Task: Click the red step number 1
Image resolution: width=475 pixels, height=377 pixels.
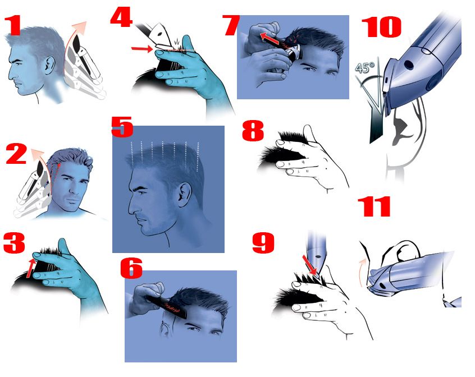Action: pos(13,26)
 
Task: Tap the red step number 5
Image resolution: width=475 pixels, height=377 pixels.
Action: pos(122,127)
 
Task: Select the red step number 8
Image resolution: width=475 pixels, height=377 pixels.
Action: pos(253,131)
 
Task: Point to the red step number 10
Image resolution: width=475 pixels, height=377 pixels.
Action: pos(381,27)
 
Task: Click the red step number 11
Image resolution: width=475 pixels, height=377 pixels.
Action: pos(374,206)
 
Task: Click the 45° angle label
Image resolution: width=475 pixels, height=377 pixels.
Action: pos(365,68)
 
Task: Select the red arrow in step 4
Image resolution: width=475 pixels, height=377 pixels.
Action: pos(143,48)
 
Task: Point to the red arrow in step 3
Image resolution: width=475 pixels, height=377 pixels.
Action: pos(30,268)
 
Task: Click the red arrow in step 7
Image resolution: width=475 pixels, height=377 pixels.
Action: pos(270,38)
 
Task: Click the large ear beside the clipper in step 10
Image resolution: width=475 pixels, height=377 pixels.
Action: pos(406,133)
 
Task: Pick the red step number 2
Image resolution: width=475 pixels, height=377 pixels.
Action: pos(16,154)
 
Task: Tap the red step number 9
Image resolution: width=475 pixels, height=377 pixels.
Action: pos(263,243)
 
